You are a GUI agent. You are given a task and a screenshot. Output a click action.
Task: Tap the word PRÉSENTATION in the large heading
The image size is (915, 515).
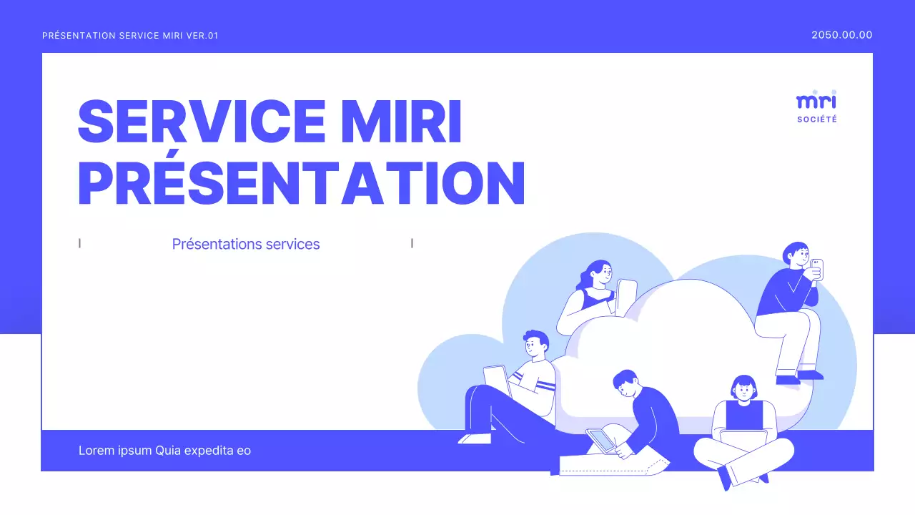point(301,183)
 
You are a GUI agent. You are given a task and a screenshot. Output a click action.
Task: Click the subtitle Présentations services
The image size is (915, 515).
point(246,244)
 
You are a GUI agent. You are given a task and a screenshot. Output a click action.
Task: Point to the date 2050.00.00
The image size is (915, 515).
point(841,35)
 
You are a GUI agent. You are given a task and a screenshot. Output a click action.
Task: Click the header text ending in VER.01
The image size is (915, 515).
point(130,36)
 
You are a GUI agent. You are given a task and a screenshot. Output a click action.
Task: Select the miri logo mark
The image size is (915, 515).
point(816,101)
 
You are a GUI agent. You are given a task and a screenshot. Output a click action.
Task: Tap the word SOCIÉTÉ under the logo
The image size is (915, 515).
point(816,119)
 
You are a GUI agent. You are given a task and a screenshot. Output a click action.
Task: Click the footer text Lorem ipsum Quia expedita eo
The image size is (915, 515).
point(164,451)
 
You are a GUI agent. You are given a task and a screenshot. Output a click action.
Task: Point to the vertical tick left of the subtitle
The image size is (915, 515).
point(79,243)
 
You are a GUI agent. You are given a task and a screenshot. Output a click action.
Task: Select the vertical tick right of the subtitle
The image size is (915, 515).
point(412,243)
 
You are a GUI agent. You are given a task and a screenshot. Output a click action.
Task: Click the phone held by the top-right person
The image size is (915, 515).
point(818,269)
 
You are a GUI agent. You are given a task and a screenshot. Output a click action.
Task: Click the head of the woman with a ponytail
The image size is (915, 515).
point(599,274)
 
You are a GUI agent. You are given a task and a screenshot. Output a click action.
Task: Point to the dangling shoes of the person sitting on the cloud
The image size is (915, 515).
point(799,377)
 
